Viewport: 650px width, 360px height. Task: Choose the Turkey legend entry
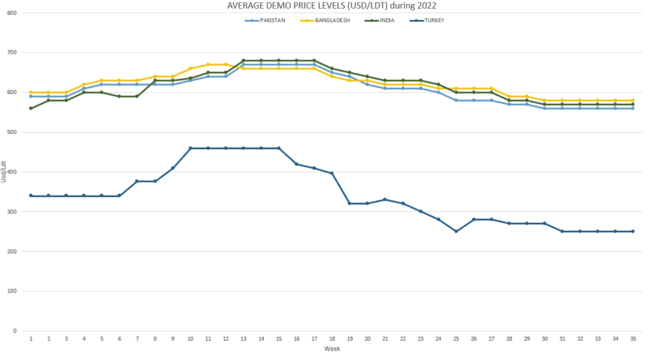coord(432,21)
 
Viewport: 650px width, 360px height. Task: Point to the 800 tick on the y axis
coord(12,13)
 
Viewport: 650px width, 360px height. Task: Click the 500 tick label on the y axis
coord(12,132)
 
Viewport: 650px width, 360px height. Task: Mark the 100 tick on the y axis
coord(12,291)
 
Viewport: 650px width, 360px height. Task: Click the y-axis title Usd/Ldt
coord(4,172)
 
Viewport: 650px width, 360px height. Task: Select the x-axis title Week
coord(332,349)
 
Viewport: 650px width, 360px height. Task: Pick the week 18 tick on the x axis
coord(332,338)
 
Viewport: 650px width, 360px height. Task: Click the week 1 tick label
coord(31,338)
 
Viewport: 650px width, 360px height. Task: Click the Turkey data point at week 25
coord(456,231)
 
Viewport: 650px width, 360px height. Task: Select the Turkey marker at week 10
coord(190,148)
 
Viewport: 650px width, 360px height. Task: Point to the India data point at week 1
coord(31,108)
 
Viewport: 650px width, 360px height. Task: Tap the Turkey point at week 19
coord(350,204)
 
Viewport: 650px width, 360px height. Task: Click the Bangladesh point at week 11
coord(208,64)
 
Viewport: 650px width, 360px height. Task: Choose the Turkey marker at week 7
coord(137,181)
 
